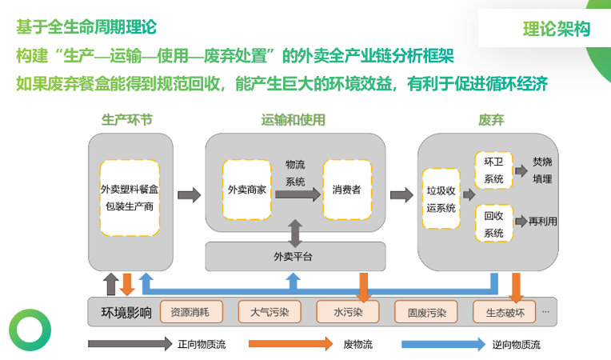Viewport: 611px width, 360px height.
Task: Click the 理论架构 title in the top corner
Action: coord(557,30)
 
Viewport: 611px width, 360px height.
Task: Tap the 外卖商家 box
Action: coord(246,190)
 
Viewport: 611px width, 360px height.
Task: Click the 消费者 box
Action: coord(346,190)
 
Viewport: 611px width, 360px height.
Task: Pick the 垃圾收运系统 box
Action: coord(441,199)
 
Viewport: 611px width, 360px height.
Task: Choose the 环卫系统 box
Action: coord(493,170)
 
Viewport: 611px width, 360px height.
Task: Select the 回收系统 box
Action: coord(493,224)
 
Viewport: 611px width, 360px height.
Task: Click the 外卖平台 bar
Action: coord(295,256)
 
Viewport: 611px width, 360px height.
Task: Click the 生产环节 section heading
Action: coord(127,120)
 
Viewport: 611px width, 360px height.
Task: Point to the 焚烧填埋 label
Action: coord(542,170)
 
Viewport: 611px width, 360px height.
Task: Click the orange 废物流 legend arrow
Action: coord(290,344)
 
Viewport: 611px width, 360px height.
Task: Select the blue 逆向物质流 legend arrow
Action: coord(442,344)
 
